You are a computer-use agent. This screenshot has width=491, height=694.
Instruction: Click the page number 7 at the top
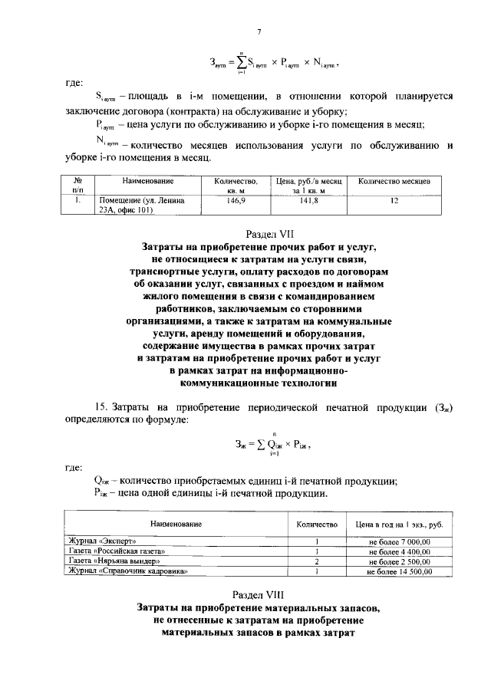(260, 31)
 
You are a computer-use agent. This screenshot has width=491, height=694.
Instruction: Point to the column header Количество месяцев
(394, 181)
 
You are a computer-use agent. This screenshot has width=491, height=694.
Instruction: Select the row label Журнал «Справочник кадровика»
(127, 572)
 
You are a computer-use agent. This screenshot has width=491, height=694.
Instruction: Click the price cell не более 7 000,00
(399, 542)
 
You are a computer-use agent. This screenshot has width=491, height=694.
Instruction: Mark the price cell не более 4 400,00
(399, 552)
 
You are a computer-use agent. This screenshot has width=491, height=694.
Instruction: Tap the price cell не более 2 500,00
(399, 562)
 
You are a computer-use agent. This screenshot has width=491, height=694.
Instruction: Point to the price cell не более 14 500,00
(398, 572)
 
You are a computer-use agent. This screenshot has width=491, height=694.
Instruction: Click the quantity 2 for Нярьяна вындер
(316, 562)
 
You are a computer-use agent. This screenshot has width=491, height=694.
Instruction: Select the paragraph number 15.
(100, 406)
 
